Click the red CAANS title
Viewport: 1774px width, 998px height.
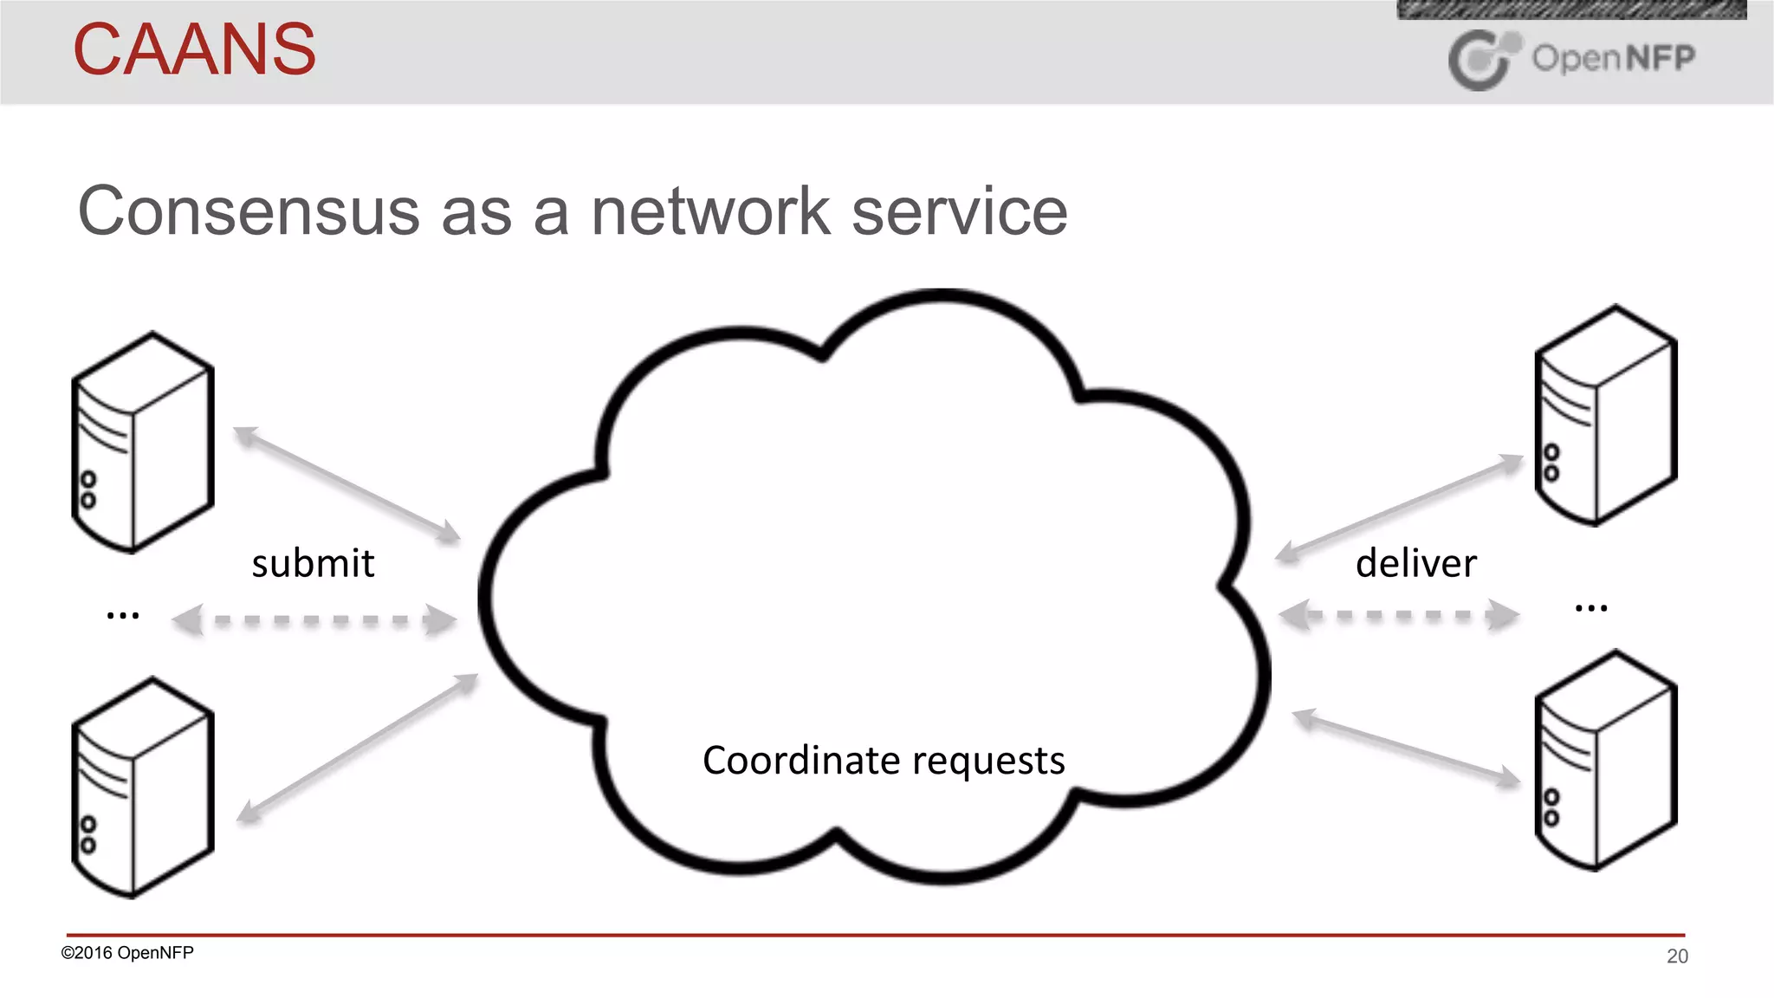click(x=194, y=49)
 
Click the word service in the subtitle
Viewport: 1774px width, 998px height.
click(x=960, y=211)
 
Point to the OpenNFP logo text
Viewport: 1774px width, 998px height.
click(x=1613, y=58)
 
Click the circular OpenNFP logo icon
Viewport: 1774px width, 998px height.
click(x=1481, y=60)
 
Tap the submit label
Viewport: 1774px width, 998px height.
click(x=313, y=564)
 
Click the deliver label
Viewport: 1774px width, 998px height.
click(x=1415, y=564)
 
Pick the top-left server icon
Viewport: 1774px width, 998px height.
click(x=143, y=442)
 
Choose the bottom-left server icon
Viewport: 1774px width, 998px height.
click(x=143, y=787)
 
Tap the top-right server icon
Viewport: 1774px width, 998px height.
click(x=1606, y=415)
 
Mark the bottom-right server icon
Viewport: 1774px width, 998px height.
click(x=1606, y=761)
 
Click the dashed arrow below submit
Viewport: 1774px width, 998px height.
click(x=314, y=620)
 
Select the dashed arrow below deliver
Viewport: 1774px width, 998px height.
click(x=1398, y=616)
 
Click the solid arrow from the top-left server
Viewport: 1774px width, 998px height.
click(x=346, y=484)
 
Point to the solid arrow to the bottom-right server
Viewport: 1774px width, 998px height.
click(x=1406, y=748)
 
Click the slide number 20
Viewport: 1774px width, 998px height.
click(x=1677, y=956)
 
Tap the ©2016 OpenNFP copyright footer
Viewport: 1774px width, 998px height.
click(x=127, y=953)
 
